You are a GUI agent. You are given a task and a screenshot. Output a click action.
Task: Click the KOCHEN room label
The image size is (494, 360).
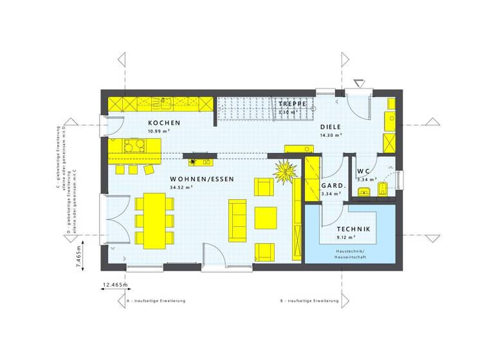[164, 123]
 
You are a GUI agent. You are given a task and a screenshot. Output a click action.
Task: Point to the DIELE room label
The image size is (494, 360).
[331, 127]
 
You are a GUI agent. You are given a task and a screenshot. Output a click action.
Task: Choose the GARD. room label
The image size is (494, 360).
[334, 186]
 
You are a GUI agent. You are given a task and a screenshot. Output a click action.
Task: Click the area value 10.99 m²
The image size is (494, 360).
[158, 131]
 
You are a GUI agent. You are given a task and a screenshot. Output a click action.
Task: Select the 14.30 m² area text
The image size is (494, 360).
[331, 136]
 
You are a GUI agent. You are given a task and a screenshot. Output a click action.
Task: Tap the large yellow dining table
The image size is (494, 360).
[154, 221]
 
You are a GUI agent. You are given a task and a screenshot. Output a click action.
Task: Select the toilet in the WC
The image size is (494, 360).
[383, 188]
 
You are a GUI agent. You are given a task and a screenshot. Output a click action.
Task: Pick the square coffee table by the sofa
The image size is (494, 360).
[266, 217]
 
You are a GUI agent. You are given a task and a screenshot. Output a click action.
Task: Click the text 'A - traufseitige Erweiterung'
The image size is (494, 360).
[156, 301]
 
